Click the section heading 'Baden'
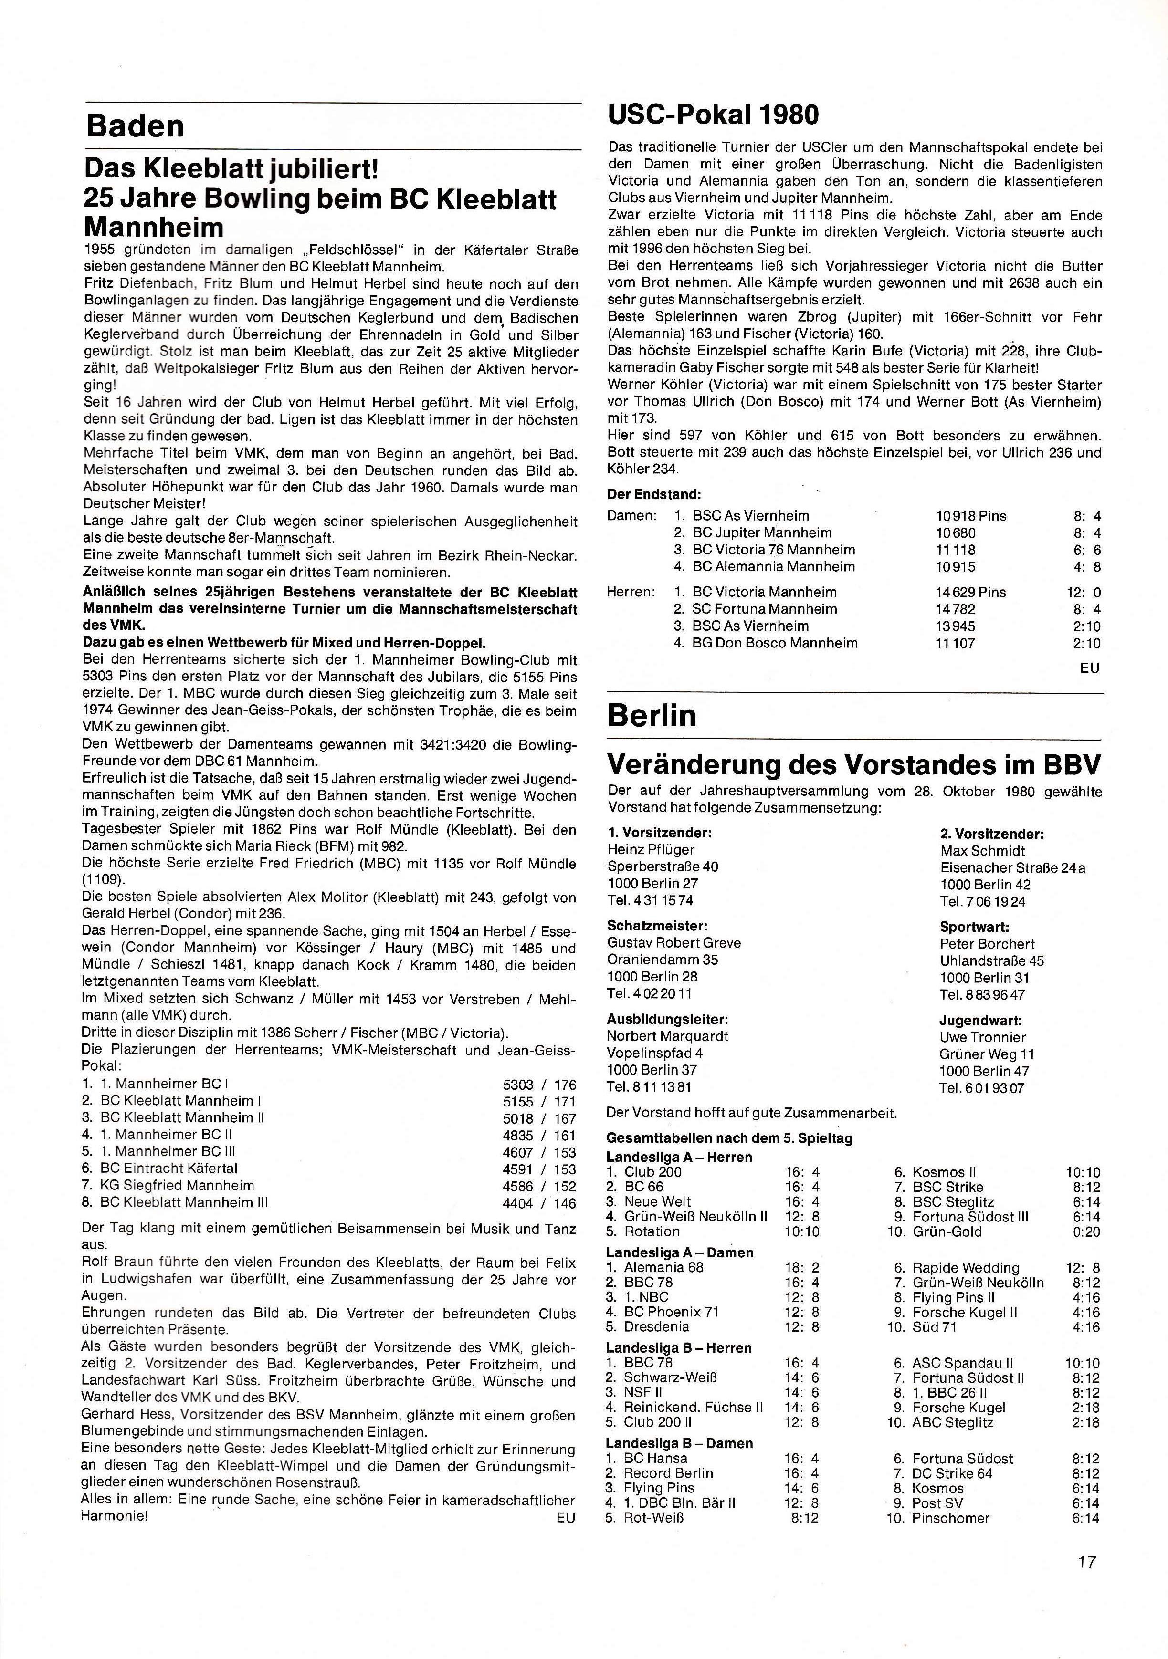pos(135,126)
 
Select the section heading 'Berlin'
pos(652,715)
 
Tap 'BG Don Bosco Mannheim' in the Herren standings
pos(775,643)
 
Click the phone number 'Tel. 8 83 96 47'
pos(982,994)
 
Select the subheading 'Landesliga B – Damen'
pos(679,1443)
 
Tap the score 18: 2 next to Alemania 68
pos(802,1267)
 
